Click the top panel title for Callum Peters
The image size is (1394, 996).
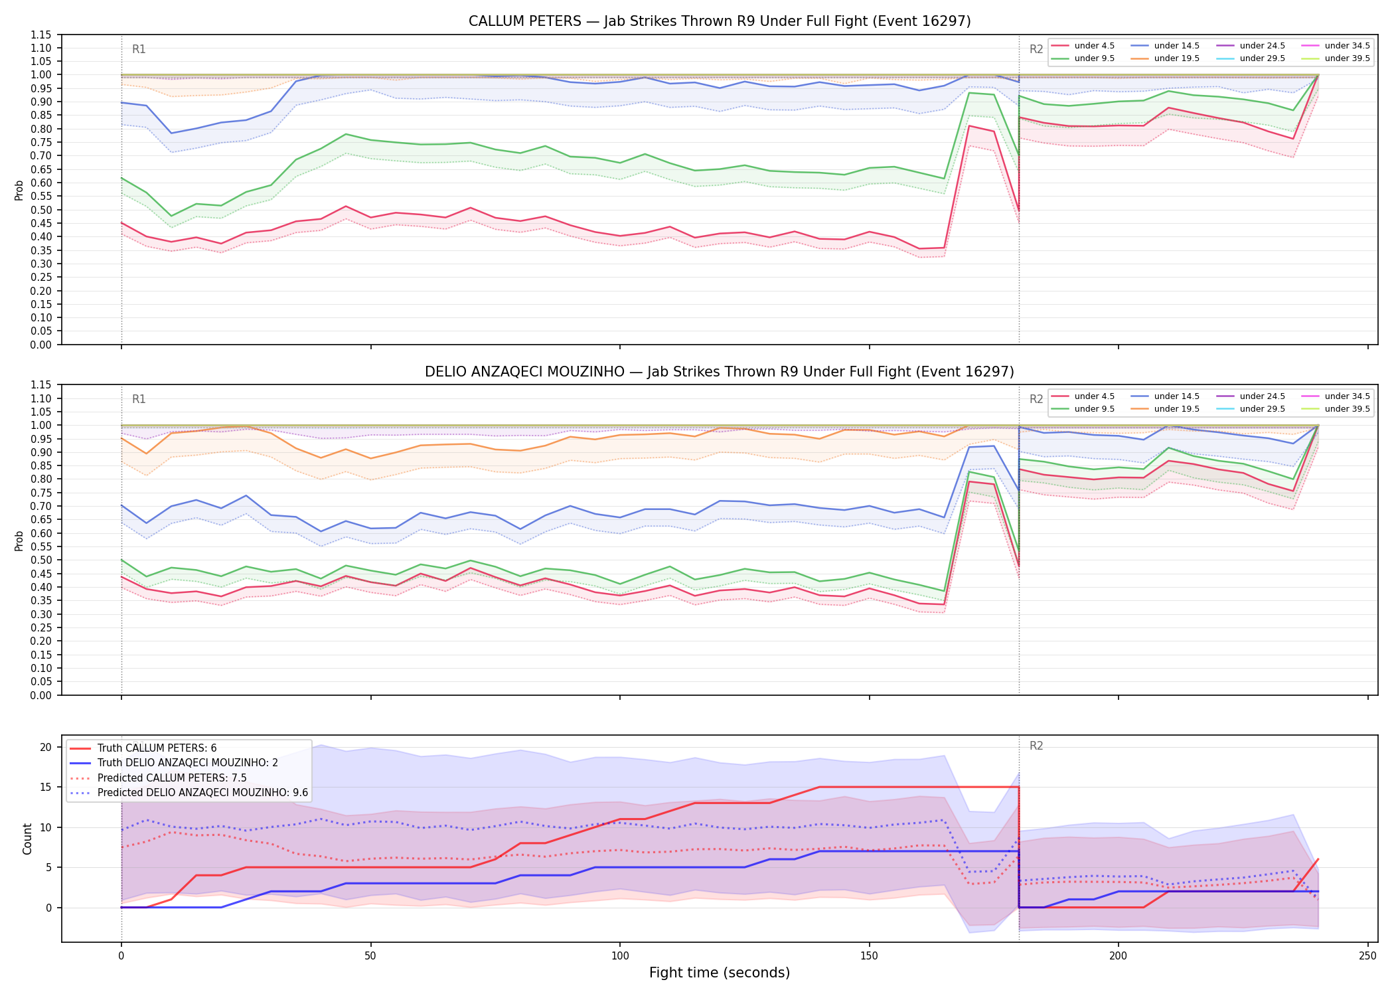[x=720, y=21]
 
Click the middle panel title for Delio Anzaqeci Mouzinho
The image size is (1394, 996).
[x=720, y=372]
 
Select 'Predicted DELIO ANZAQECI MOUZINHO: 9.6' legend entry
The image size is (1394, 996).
[x=189, y=793]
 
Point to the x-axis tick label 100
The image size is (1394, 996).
[x=619, y=956]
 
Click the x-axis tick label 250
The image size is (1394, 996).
[x=1367, y=956]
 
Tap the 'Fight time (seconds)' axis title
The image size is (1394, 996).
[x=720, y=973]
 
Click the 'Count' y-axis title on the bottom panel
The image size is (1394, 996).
[x=27, y=839]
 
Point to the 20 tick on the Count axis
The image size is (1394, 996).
[x=46, y=747]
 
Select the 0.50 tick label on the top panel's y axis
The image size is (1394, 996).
[x=41, y=210]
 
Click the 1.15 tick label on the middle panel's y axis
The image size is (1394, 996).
[x=41, y=385]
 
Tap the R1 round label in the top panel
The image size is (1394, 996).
[x=139, y=49]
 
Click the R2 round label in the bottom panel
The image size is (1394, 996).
[x=1036, y=746]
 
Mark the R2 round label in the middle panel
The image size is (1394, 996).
[x=1036, y=399]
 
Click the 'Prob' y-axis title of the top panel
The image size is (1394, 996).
[x=19, y=190]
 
